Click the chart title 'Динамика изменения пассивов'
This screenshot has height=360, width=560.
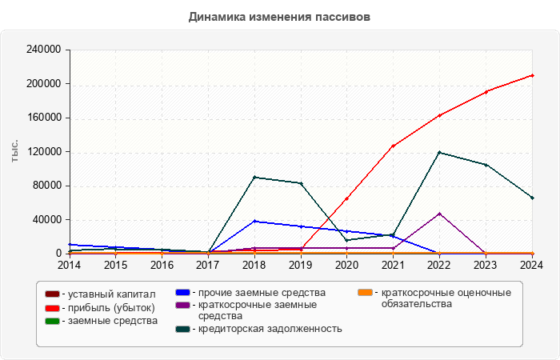coord(280,16)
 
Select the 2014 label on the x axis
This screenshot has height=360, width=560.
coord(70,264)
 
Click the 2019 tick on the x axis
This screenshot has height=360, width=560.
coord(301,264)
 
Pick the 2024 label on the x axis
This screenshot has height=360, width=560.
coord(532,264)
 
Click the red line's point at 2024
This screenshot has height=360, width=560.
coord(532,75)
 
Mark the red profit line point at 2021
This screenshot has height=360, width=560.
coord(393,146)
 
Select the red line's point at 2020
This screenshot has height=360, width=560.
coord(346,198)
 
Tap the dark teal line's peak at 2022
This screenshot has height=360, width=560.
coord(439,152)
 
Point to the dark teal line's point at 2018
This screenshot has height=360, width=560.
coord(254,177)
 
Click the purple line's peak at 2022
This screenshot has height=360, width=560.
coord(439,214)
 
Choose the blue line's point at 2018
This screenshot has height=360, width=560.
coord(254,221)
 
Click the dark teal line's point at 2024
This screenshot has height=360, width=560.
coord(532,198)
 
